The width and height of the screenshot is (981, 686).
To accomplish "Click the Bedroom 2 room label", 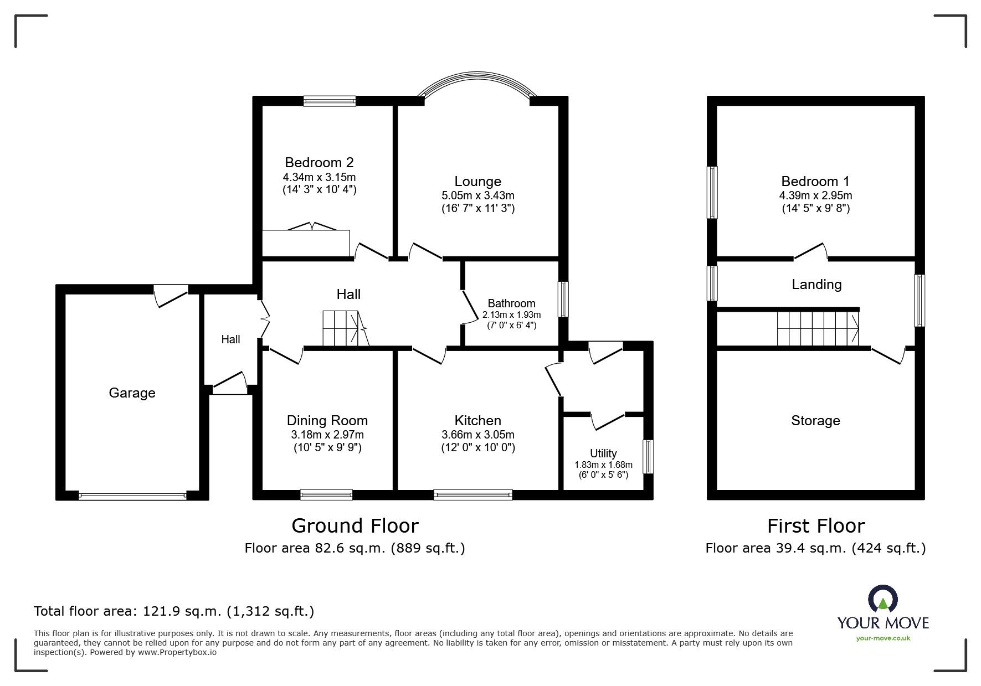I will tap(319, 162).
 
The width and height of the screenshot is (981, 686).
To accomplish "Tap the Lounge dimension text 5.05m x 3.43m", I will tap(477, 195).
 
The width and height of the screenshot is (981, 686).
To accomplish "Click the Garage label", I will tap(132, 393).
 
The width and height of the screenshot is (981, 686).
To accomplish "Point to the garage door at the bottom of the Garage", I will tap(132, 496).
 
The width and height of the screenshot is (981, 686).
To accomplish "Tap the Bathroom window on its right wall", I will tap(563, 299).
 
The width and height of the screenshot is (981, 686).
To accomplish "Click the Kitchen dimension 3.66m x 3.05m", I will tap(477, 435).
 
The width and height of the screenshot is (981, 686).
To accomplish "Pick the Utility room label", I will tap(603, 453).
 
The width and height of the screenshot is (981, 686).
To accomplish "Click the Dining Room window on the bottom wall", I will tap(326, 494).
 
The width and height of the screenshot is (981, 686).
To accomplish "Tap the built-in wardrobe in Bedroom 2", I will tap(306, 241).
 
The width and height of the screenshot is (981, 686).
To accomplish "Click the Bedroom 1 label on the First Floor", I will tap(815, 181).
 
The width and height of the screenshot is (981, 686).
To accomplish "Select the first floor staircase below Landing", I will tap(817, 329).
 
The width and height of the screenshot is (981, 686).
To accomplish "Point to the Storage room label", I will tap(815, 420).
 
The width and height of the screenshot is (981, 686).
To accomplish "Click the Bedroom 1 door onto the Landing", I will tap(810, 252).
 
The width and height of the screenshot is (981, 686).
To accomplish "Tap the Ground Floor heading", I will tap(355, 525).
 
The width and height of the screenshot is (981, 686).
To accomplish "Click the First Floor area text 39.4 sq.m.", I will tap(815, 548).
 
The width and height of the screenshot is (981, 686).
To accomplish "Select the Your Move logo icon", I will tap(882, 599).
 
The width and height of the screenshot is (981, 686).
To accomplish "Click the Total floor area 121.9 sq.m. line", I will tap(174, 611).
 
